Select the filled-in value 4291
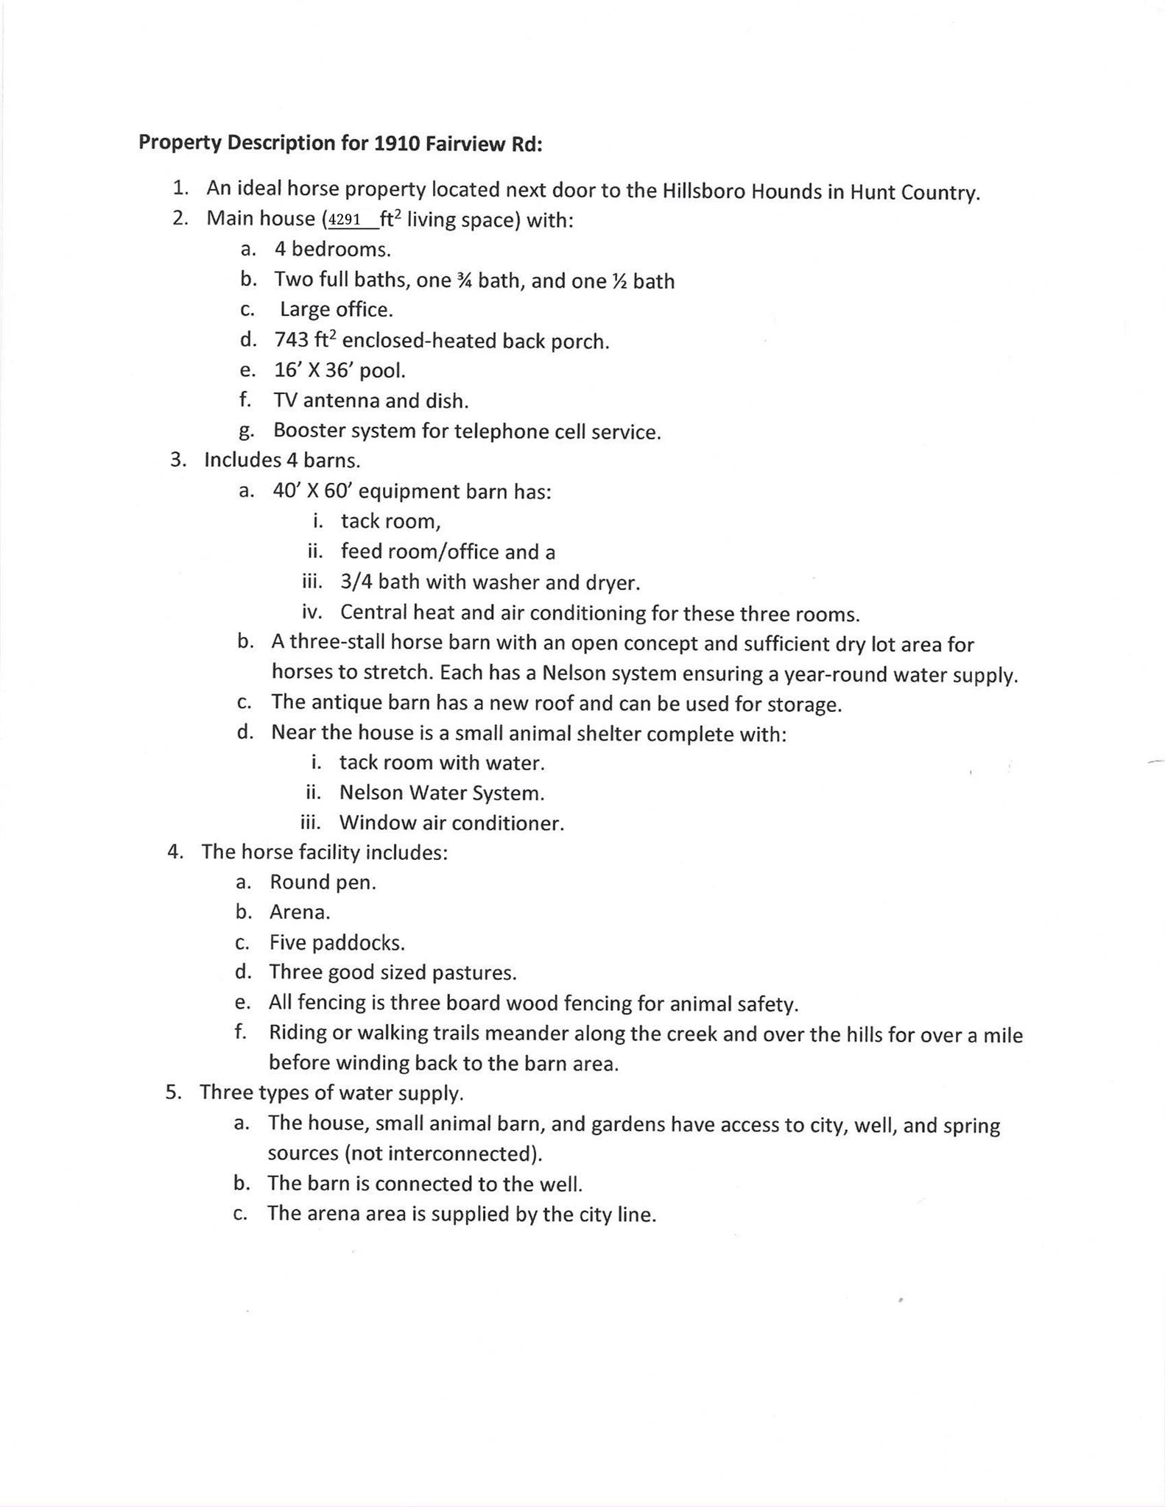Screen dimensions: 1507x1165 345,219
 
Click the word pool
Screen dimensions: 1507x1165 382,370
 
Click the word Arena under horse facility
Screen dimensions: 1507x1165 299,912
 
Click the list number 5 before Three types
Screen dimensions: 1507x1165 173,1092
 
